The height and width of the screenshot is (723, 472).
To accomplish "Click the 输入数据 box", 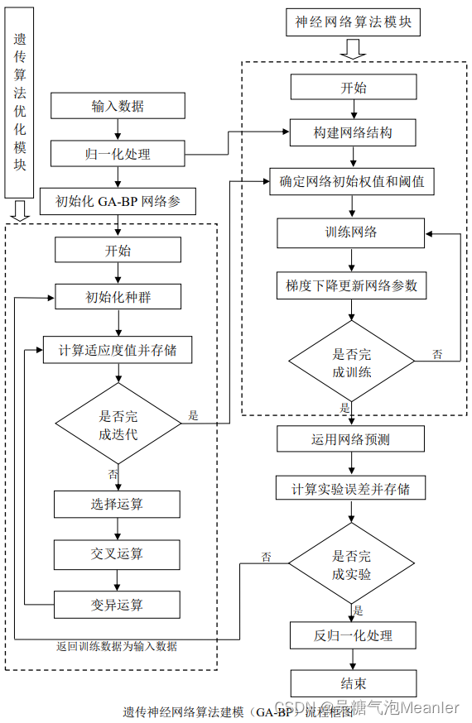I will (x=115, y=106).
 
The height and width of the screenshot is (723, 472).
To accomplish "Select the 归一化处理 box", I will (x=115, y=153).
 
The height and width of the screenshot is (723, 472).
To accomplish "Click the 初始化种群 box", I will (x=118, y=296).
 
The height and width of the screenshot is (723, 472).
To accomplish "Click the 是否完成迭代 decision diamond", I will (x=118, y=425).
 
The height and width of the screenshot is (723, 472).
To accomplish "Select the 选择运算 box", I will (x=118, y=503).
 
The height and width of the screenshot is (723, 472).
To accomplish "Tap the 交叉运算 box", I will (x=118, y=553).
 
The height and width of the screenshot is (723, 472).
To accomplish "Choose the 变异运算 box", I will (x=118, y=605).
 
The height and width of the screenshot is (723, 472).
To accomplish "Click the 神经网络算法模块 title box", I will (x=353, y=22).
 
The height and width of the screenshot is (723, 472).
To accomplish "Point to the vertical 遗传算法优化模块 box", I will (x=20, y=103).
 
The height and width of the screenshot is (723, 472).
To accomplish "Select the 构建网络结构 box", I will (x=353, y=132).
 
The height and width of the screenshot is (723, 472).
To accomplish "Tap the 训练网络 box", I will (x=351, y=232).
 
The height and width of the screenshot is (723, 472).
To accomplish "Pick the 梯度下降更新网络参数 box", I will (x=351, y=286).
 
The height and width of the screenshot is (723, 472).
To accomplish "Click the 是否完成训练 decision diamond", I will (x=351, y=362).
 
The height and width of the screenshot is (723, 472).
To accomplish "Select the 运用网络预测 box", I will (x=351, y=438).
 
